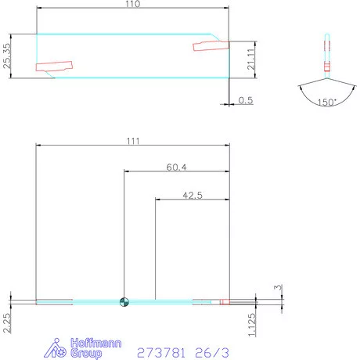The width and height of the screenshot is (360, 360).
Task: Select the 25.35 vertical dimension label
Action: point(7,56)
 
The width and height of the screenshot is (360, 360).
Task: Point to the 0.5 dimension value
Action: point(245,100)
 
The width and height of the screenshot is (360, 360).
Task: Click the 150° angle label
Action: point(326,103)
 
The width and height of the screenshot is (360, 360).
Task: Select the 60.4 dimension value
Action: point(176,167)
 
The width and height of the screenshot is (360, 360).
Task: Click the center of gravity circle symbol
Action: point(124,301)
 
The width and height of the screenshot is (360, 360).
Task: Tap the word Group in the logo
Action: point(85,354)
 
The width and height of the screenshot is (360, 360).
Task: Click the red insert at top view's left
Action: point(52,67)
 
